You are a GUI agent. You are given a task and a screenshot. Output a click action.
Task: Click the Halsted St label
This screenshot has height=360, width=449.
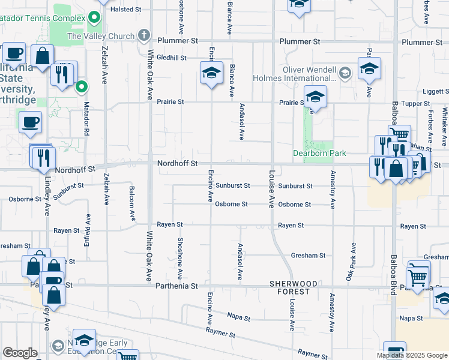125,10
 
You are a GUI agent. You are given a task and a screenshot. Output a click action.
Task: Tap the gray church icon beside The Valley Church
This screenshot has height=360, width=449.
143,35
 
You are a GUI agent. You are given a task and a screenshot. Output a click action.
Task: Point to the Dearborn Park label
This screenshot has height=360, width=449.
319,153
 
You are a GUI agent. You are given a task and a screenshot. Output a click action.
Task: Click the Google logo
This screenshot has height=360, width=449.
20,353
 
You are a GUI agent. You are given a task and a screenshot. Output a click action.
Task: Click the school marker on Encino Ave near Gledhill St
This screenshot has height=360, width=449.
211,73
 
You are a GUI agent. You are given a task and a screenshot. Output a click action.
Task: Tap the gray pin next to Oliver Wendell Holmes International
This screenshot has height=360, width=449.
345,74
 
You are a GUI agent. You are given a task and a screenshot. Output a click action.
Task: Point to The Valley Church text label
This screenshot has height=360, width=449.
101,36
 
